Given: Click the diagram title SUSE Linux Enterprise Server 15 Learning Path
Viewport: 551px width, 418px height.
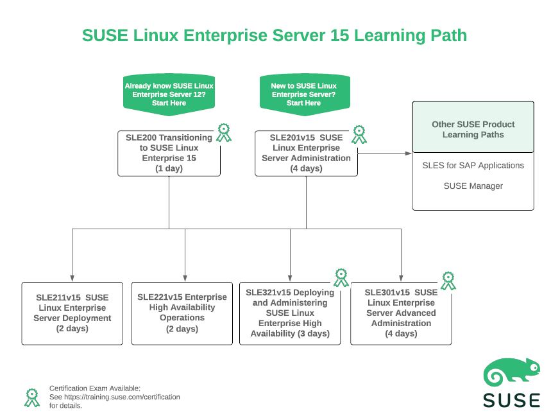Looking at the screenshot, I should pyautogui.click(x=275, y=35).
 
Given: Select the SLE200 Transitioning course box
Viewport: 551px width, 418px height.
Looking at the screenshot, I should pyautogui.click(x=169, y=153).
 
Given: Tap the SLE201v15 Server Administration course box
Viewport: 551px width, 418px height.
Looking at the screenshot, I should pyautogui.click(x=306, y=153).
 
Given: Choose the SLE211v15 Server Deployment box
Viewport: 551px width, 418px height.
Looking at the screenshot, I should pyautogui.click(x=72, y=313).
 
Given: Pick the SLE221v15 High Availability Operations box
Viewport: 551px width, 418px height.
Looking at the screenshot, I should pyautogui.click(x=182, y=313).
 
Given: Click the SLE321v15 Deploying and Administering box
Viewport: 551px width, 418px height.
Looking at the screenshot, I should pyautogui.click(x=290, y=313).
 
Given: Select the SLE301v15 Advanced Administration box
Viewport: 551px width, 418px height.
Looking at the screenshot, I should pyautogui.click(x=401, y=313).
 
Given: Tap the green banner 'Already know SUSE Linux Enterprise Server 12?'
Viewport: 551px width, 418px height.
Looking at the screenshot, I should pyautogui.click(x=169, y=94).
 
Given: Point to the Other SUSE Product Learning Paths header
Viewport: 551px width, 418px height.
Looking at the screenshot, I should pyautogui.click(x=473, y=129).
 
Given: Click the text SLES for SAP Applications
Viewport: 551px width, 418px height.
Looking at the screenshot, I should pyautogui.click(x=473, y=166).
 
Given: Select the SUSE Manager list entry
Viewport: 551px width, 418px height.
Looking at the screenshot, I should pyautogui.click(x=473, y=186).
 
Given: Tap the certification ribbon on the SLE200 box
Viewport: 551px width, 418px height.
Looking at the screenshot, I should pyautogui.click(x=223, y=133).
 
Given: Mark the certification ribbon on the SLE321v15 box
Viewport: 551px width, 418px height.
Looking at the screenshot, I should pyautogui.click(x=341, y=277).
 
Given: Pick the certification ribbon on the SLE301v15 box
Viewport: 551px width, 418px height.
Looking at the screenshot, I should pyautogui.click(x=448, y=280).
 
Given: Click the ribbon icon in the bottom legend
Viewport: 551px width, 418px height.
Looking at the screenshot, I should pyautogui.click(x=31, y=397).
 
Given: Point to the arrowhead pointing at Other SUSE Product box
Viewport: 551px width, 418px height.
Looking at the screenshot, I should pyautogui.click(x=408, y=153).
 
